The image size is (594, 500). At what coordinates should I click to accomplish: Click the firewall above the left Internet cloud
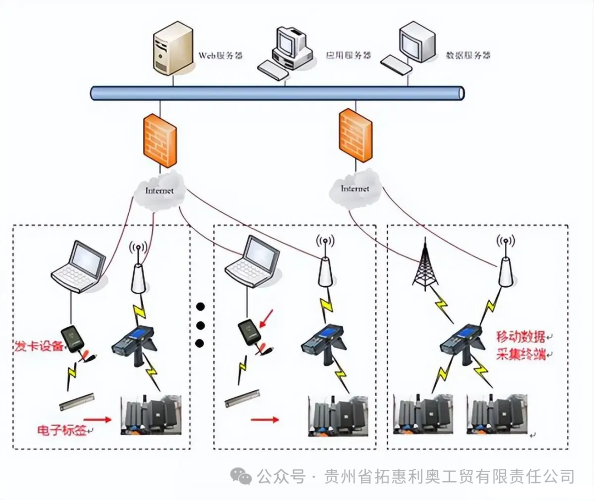coord(160,140)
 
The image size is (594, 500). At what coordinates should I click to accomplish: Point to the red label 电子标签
coord(62,430)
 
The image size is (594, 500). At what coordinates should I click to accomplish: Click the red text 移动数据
coord(520,336)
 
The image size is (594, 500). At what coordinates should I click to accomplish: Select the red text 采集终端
coord(520,354)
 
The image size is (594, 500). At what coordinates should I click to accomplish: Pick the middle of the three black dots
coord(200,325)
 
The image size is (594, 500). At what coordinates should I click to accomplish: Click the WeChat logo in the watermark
coord(241,476)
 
